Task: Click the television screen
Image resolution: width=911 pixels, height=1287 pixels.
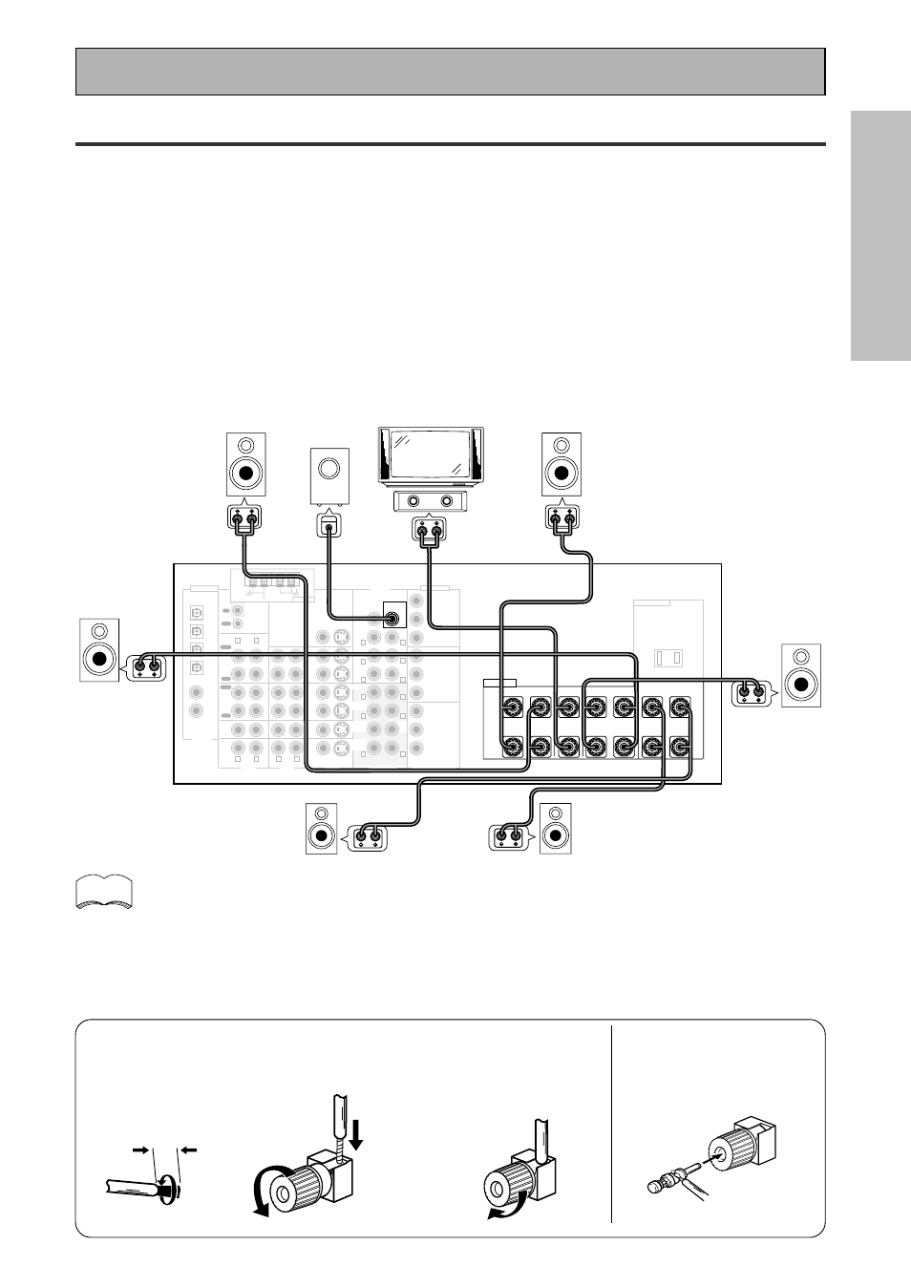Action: tap(430, 454)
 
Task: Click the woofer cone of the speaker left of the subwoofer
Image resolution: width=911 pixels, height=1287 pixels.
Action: tap(246, 473)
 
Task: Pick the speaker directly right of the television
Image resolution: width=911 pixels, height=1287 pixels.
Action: tap(561, 464)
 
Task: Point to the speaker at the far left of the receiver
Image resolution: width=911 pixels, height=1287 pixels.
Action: tap(99, 650)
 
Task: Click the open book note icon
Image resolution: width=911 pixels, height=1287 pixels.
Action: tap(102, 893)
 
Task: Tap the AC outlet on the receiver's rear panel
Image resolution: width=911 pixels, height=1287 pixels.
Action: tap(668, 658)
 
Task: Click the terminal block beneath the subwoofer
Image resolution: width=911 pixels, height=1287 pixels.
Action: tap(329, 524)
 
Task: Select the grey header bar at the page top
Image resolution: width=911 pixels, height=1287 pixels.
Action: tap(450, 72)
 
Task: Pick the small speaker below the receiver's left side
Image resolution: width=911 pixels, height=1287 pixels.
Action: tap(322, 829)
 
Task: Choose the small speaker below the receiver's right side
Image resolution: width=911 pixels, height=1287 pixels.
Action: tap(556, 829)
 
